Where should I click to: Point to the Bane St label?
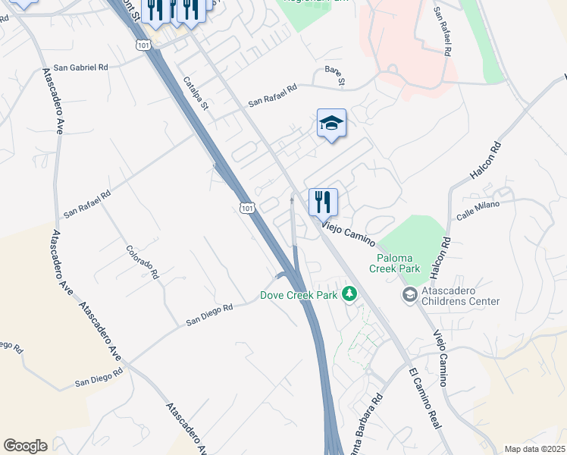[334, 75]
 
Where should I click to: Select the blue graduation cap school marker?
[331, 124]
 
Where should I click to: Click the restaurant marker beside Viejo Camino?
[323, 202]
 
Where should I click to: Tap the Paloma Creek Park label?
[394, 262]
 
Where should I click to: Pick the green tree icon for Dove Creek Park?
[349, 293]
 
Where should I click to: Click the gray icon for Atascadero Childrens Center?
[409, 294]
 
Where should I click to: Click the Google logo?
[25, 446]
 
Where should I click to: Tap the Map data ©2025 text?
[534, 449]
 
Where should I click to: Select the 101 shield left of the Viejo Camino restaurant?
[246, 206]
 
